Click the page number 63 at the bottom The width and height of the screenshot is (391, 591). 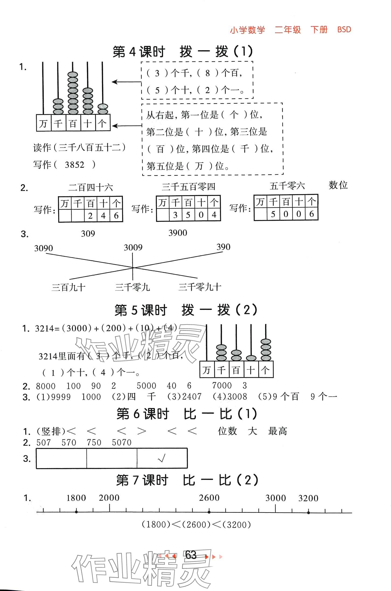pyautogui.click(x=191, y=555)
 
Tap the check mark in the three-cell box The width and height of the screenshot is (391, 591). pyautogui.click(x=162, y=458)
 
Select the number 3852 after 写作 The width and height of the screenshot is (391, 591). pyautogui.click(x=75, y=165)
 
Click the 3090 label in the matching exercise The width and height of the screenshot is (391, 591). pyautogui.click(x=43, y=248)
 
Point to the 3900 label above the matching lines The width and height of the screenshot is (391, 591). pyautogui.click(x=178, y=233)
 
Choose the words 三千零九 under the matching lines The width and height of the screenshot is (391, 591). pyautogui.click(x=132, y=287)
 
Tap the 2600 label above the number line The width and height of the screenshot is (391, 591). pyautogui.click(x=209, y=498)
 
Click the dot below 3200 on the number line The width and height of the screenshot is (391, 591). pyautogui.click(x=309, y=512)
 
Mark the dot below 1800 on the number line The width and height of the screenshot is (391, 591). pyautogui.click(x=76, y=511)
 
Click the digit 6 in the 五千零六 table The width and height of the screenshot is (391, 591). pyautogui.click(x=312, y=214)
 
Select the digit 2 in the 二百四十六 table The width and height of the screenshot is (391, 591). pyautogui.click(x=90, y=216)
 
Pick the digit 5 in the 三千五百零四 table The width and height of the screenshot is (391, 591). pyautogui.click(x=188, y=215)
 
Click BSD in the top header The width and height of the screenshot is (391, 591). pyautogui.click(x=344, y=29)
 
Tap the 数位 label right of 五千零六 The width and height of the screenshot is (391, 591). pyautogui.click(x=338, y=185)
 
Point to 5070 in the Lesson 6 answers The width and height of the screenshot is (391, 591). pyautogui.click(x=122, y=443)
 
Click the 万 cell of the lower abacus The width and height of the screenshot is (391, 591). pyautogui.click(x=207, y=370)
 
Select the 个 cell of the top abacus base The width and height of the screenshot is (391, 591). pyautogui.click(x=102, y=124)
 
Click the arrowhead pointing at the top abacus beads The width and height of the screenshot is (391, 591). pyautogui.click(x=114, y=82)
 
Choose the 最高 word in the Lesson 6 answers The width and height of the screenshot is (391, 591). pyautogui.click(x=278, y=431)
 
